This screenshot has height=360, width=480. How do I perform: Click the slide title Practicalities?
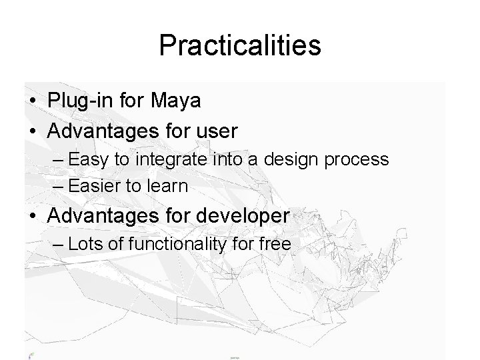240,46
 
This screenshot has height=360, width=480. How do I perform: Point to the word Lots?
85,245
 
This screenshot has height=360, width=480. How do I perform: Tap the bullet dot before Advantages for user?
33,131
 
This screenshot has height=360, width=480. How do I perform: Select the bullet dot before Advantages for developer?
33,217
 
